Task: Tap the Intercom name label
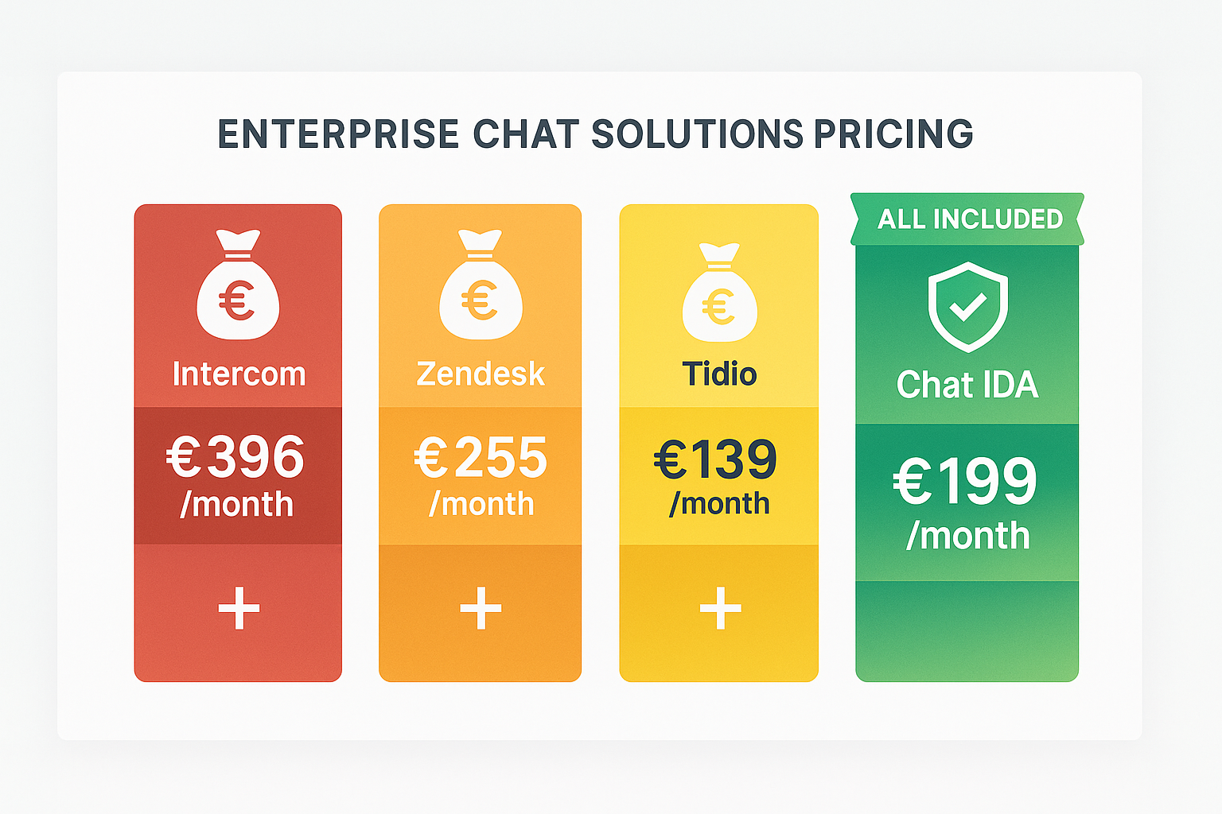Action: click(239, 374)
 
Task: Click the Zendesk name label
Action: click(481, 374)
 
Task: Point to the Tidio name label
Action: click(719, 374)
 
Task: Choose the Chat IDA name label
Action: click(967, 385)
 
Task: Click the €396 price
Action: click(235, 457)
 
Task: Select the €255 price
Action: click(481, 458)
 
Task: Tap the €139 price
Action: click(715, 459)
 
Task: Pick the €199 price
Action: click(965, 481)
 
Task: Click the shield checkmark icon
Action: click(967, 306)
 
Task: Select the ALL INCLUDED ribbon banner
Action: click(967, 219)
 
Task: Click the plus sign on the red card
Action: click(239, 608)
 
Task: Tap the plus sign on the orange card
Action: click(481, 608)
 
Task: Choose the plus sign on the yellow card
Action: click(720, 608)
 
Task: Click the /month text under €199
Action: click(967, 536)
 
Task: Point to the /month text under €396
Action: click(237, 505)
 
